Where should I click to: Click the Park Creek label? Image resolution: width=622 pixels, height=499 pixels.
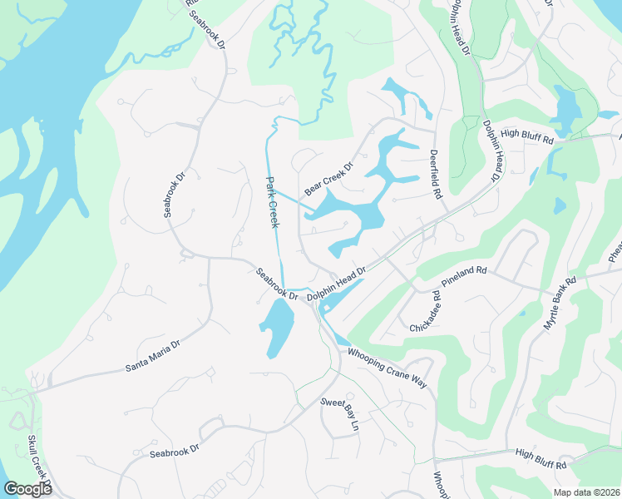coord(272,201)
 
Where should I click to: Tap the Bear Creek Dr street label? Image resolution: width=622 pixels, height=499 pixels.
coord(328,179)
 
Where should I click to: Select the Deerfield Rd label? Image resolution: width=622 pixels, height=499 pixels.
coord(434,174)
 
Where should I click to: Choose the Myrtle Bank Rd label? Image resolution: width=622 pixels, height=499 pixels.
coord(559,304)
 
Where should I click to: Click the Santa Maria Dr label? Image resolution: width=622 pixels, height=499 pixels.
coord(152,356)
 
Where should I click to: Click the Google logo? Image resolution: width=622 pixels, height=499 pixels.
coord(27,489)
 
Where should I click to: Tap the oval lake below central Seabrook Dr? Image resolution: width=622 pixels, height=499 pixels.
coord(279,327)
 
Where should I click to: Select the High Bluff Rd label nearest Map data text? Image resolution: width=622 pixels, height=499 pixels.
coord(541,458)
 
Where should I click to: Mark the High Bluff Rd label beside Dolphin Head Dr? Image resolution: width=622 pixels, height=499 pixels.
coord(527,138)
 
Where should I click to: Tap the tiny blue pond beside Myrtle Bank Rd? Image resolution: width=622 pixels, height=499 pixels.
coord(521,314)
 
